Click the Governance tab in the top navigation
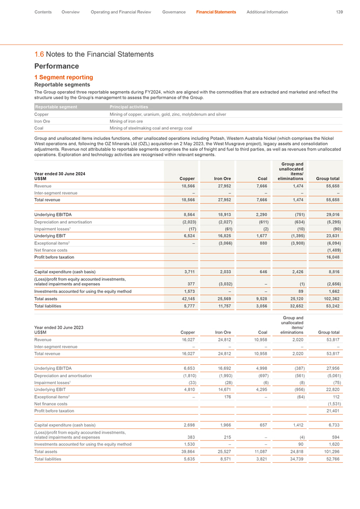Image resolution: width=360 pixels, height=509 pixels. click(x=174, y=12)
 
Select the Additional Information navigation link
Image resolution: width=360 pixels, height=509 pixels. click(x=267, y=12)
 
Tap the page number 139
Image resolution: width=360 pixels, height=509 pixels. click(x=339, y=12)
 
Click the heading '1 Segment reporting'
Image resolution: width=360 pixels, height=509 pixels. click(x=64, y=77)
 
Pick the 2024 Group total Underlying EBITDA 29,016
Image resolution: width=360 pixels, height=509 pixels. click(x=330, y=214)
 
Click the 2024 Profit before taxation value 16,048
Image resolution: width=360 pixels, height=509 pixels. click(x=330, y=257)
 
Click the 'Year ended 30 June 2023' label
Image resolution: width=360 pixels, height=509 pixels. click(x=59, y=327)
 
